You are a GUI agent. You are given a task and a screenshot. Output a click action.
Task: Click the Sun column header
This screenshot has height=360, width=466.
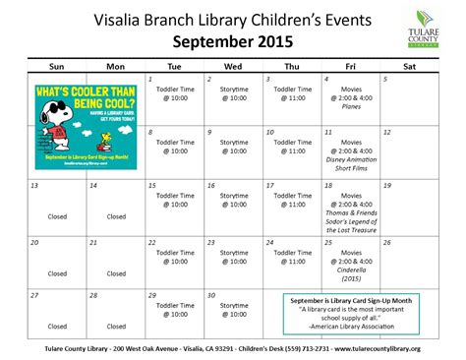coord(57,66)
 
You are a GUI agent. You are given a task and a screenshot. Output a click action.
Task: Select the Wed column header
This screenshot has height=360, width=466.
coord(233,66)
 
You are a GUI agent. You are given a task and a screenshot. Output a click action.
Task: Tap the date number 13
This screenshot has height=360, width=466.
coord(34,185)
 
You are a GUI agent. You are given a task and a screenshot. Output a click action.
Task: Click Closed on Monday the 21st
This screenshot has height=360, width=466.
coord(116,273)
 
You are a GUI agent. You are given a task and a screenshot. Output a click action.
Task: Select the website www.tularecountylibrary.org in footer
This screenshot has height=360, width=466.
coord(378,348)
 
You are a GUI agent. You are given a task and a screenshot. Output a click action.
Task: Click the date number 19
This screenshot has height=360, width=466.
coord(385,185)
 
